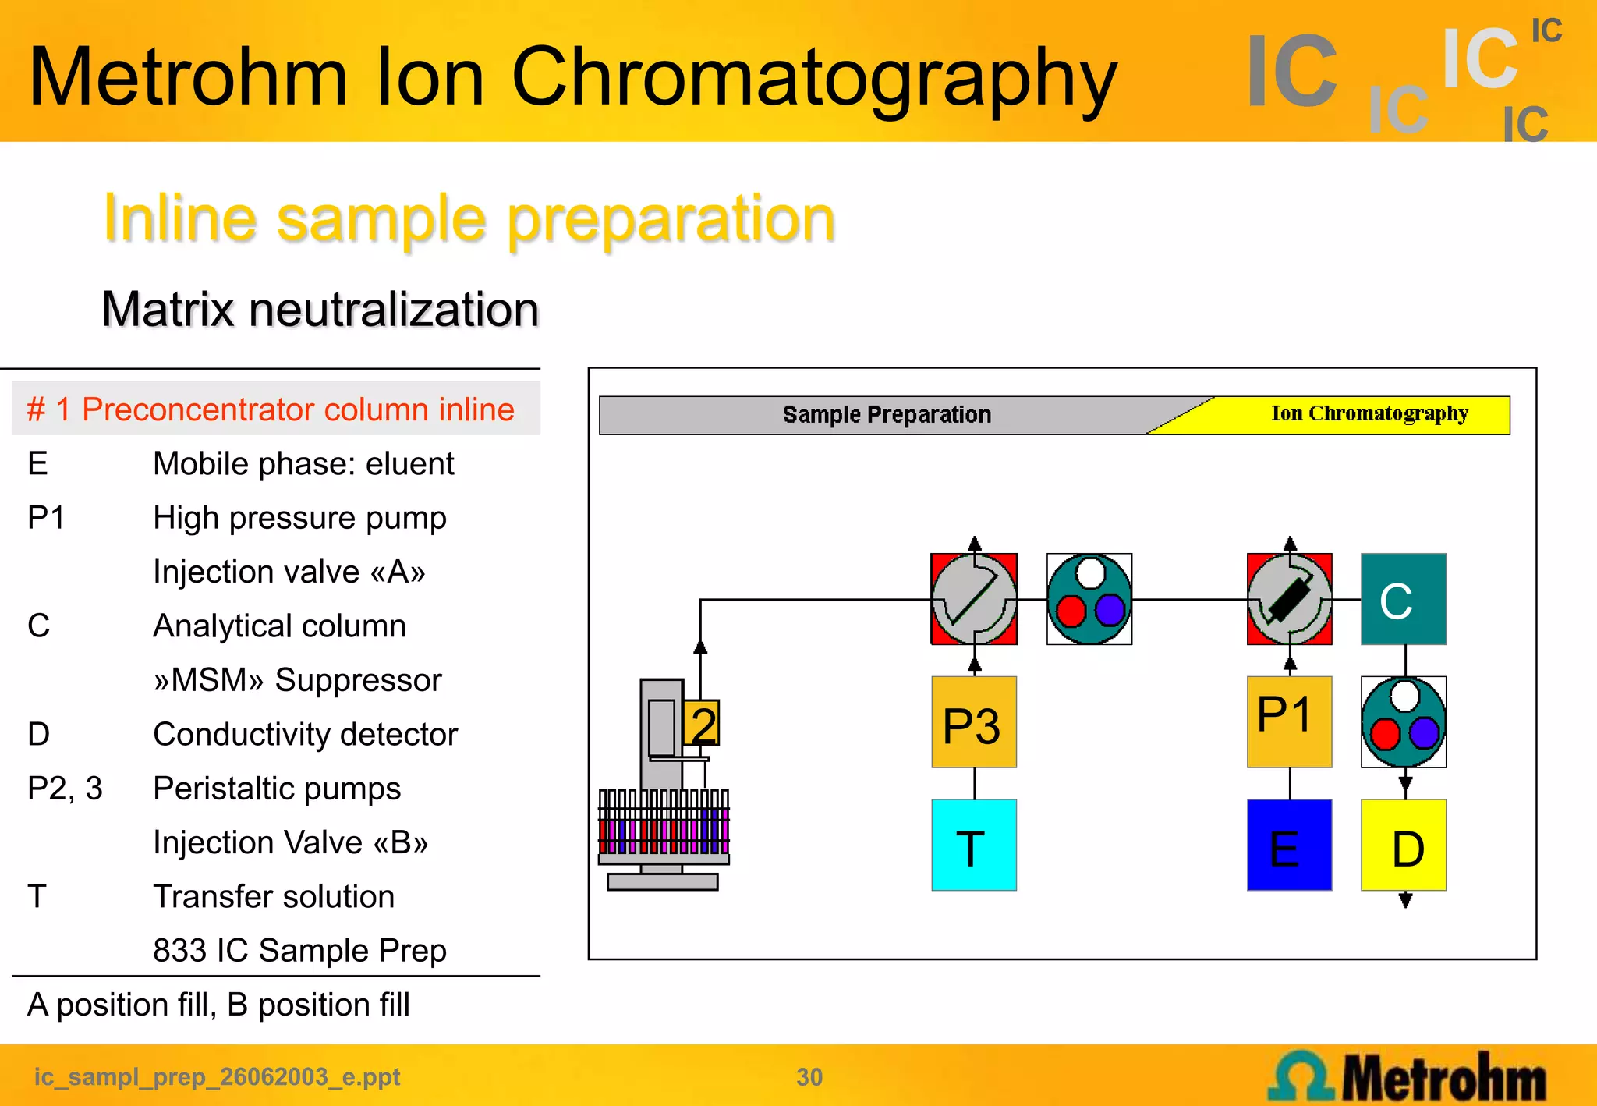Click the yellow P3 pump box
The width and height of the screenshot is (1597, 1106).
pyautogui.click(x=974, y=722)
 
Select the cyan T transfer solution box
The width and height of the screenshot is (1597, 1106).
pyautogui.click(x=974, y=845)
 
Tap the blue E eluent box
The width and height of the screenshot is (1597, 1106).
pyautogui.click(x=1289, y=845)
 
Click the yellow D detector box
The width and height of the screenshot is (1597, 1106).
pyautogui.click(x=1404, y=845)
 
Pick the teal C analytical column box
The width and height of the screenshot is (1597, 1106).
pyautogui.click(x=1404, y=599)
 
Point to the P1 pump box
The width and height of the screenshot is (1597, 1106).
pyautogui.click(x=1289, y=722)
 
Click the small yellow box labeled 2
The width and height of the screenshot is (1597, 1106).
pyautogui.click(x=702, y=724)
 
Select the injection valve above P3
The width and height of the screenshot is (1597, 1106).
pyautogui.click(x=974, y=599)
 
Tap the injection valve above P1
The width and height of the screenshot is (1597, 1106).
pyautogui.click(x=1289, y=599)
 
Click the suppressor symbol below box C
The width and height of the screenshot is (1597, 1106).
pyautogui.click(x=1404, y=722)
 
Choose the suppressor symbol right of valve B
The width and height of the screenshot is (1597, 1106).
pyautogui.click(x=1089, y=599)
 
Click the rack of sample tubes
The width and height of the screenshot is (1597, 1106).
pyautogui.click(x=664, y=823)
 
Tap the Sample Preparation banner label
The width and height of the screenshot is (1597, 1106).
pyautogui.click(x=887, y=414)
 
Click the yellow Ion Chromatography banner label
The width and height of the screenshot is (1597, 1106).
pyautogui.click(x=1369, y=413)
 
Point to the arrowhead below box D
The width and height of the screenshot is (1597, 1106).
pyautogui.click(x=1405, y=901)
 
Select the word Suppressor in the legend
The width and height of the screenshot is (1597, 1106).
pyautogui.click(x=358, y=680)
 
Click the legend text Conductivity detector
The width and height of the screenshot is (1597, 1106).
pyautogui.click(x=305, y=735)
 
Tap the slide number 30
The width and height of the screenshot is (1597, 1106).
pyautogui.click(x=809, y=1077)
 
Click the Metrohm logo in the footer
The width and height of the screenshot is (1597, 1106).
pyautogui.click(x=1408, y=1076)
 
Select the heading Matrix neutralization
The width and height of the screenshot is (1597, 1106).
pyautogui.click(x=320, y=309)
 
